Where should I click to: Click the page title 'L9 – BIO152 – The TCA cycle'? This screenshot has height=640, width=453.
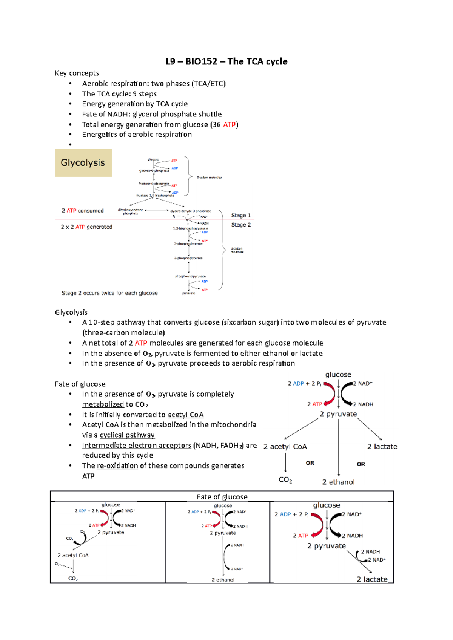click(x=226, y=61)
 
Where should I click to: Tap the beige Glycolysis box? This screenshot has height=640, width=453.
click(x=83, y=163)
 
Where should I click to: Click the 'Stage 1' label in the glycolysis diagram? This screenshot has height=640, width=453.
click(x=241, y=215)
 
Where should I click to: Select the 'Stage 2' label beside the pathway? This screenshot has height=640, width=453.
click(x=241, y=225)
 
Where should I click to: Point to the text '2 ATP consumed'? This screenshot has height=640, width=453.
click(x=82, y=211)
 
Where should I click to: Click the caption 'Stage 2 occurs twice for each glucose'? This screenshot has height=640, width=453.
click(x=109, y=293)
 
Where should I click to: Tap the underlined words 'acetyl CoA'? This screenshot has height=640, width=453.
click(x=186, y=415)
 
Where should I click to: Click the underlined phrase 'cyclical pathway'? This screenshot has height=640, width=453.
click(x=127, y=435)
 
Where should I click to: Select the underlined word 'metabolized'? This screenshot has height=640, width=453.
click(x=103, y=404)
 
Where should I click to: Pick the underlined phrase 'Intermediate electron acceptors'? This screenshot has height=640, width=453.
click(x=137, y=445)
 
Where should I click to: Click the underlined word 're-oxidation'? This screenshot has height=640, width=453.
click(x=117, y=465)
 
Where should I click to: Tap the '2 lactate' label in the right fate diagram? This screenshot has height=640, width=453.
click(x=382, y=446)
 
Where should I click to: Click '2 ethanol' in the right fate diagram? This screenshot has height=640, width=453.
click(x=338, y=482)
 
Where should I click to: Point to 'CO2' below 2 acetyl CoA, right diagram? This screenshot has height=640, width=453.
click(x=285, y=479)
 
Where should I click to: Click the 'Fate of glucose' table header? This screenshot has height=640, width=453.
click(x=222, y=497)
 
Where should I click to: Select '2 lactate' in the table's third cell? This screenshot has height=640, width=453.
click(x=372, y=579)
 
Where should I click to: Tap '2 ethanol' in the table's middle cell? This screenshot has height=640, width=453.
click(x=223, y=580)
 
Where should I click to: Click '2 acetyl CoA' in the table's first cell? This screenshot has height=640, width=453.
click(x=73, y=555)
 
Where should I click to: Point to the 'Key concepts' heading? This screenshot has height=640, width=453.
click(x=77, y=73)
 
